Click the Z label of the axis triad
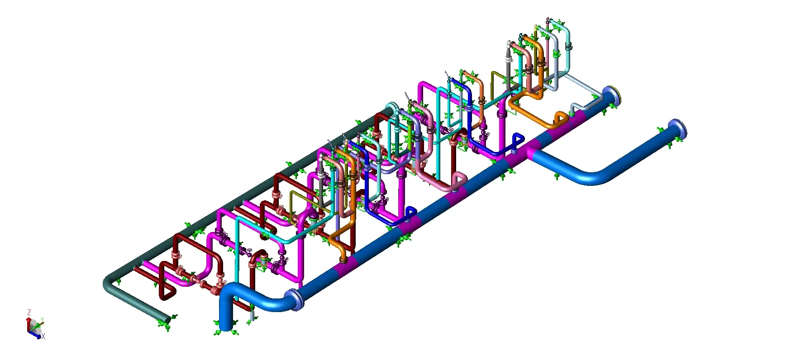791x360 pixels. tap(29, 313)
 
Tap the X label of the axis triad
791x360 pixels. tap(43, 336)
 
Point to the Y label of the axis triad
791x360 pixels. tap(42, 320)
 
